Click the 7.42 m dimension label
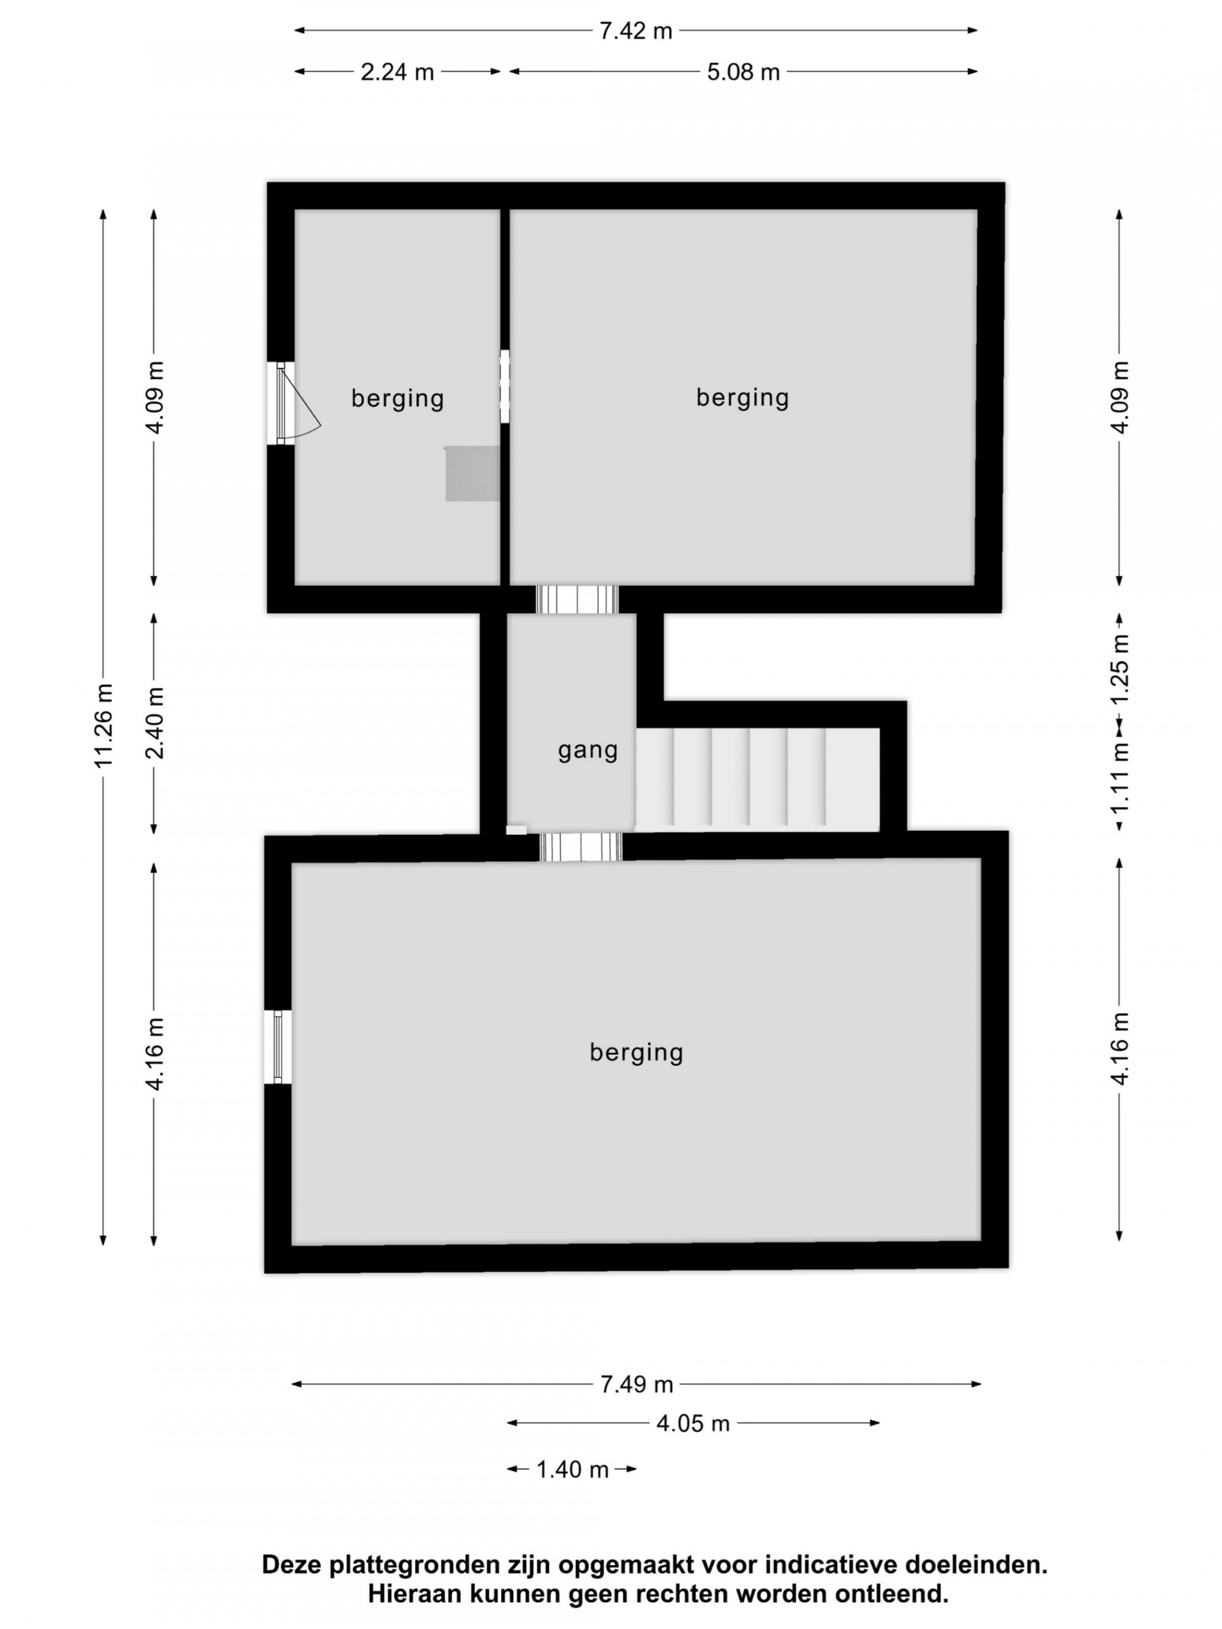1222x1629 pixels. pyautogui.click(x=635, y=31)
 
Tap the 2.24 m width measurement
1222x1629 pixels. pyautogui.click(x=397, y=72)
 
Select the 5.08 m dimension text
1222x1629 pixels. pyautogui.click(x=743, y=72)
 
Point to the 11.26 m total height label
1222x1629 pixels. pyautogui.click(x=104, y=726)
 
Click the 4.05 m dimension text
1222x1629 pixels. pyautogui.click(x=692, y=1424)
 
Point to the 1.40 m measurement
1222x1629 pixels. pyautogui.click(x=573, y=1470)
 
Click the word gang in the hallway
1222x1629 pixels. pyautogui.click(x=587, y=751)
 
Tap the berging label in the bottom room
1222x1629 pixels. pyautogui.click(x=637, y=1052)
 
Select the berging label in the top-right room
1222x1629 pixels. pyautogui.click(x=742, y=398)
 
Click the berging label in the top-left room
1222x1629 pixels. pyautogui.click(x=398, y=398)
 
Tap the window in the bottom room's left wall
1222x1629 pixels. pyautogui.click(x=277, y=1046)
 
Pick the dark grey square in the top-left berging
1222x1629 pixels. pyautogui.click(x=472, y=473)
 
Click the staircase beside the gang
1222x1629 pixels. pyautogui.click(x=757, y=780)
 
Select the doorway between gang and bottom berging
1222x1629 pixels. pyautogui.click(x=580, y=847)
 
